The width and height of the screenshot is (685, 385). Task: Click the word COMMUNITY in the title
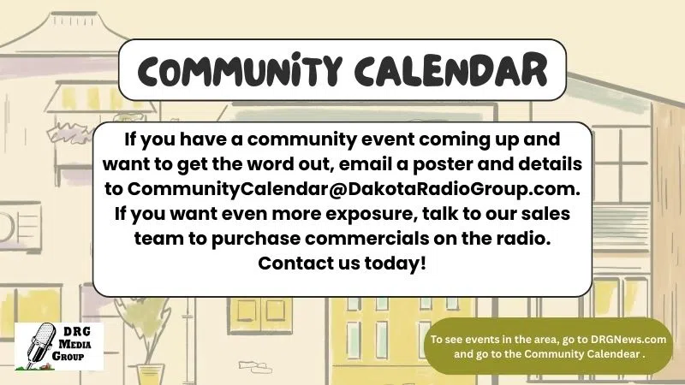coord(240,70)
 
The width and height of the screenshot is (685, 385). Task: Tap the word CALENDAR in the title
coord(451,69)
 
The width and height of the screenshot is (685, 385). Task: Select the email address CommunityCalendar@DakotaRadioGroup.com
coord(354,189)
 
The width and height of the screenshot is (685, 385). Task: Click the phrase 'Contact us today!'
coord(342,264)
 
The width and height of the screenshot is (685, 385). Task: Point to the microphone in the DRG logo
coord(40,345)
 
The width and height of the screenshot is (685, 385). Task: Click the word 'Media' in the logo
coord(75,344)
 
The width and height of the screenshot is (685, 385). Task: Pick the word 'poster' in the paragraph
coord(442,164)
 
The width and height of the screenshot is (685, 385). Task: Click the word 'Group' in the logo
coord(68,356)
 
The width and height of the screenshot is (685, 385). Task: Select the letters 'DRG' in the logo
coord(77,332)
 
